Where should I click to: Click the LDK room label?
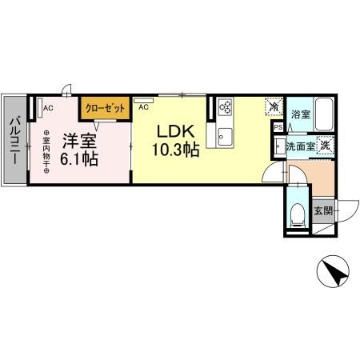tap(175, 131)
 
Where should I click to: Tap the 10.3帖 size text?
tap(175, 150)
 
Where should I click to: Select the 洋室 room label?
tap(79, 142)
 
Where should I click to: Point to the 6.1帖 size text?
tap(79, 159)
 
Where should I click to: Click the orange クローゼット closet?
tap(105, 108)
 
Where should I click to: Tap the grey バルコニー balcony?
tap(15, 140)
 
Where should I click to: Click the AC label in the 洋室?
tap(48, 108)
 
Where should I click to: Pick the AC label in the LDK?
tap(143, 107)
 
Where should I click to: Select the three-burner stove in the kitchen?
tap(225, 106)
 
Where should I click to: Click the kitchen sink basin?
tap(225, 137)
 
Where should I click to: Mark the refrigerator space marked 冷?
tap(274, 106)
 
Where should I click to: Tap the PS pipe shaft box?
tap(278, 127)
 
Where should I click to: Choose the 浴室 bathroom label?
tap(301, 114)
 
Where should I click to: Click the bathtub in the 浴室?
tap(324, 114)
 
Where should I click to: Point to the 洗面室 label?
tap(300, 146)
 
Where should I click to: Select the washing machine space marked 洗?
tap(325, 146)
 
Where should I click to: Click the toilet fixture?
tap(298, 215)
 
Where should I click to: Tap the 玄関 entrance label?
tap(323, 210)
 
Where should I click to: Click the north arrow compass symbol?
tap(333, 271)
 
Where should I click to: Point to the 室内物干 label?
tap(46, 151)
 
